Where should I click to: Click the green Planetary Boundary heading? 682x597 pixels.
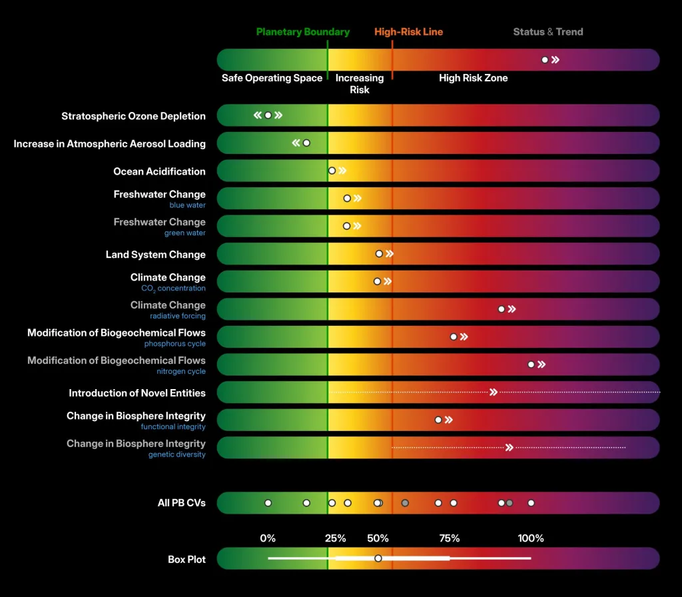point(303,32)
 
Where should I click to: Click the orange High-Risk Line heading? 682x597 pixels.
point(408,32)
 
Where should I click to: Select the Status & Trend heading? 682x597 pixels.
point(548,32)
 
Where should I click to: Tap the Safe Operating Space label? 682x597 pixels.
point(272,78)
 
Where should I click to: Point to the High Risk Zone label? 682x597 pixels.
point(473,78)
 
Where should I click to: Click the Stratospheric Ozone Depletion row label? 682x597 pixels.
point(133,116)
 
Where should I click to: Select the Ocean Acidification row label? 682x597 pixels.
point(159,171)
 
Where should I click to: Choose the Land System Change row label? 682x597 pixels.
point(155,255)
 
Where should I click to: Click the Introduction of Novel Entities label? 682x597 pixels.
point(137,393)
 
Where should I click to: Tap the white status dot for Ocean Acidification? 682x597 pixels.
point(332,171)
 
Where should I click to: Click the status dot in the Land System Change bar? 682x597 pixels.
point(379,254)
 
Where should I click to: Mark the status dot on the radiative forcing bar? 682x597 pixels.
point(502,309)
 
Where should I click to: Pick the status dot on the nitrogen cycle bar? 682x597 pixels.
point(531,364)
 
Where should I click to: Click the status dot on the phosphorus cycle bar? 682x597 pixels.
point(454,336)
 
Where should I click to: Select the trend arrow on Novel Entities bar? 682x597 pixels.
point(494,392)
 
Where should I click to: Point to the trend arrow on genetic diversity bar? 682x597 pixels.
point(510,448)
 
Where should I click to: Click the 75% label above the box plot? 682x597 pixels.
point(450,538)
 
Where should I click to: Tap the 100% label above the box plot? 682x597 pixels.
point(531,538)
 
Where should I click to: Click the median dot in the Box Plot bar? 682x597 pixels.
point(378,558)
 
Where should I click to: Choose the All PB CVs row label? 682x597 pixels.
point(181,503)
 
